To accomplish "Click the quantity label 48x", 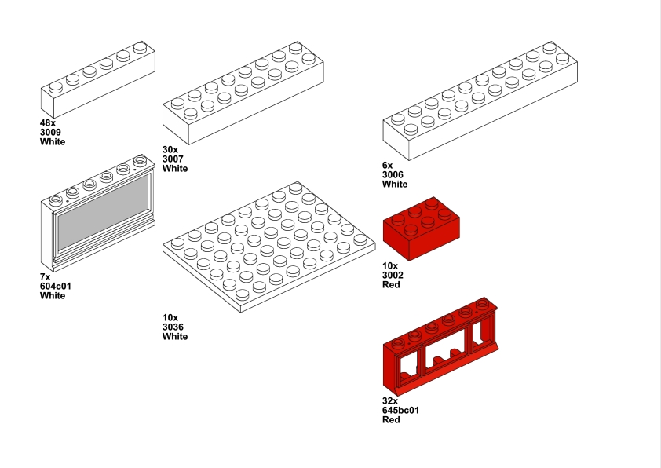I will coord(47,123).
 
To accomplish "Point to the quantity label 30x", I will coord(170,149).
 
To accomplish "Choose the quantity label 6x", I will coord(387,165).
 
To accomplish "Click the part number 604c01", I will coord(56,286).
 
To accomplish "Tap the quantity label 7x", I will coord(45,276).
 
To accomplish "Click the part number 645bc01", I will coord(400,410).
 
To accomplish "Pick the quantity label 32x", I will coord(390,400).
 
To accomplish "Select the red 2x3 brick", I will coord(421,228).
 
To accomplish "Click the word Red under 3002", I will coord(391,284).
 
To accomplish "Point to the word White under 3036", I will coord(175,336).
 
